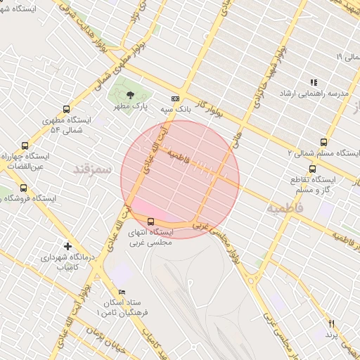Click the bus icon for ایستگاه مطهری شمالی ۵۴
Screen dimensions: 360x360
click(66, 109)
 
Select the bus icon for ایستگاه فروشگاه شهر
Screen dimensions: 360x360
click(23, 188)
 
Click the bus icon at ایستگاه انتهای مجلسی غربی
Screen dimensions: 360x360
click(150, 222)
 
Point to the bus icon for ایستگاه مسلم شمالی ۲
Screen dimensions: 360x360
click(323, 142)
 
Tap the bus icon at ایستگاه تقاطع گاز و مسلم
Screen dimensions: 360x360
click(312, 169)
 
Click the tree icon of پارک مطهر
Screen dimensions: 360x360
click(129, 95)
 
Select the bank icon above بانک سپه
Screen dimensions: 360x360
click(175, 99)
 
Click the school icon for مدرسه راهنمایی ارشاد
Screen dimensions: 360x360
click(314, 82)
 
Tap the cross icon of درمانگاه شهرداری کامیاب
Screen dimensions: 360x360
click(67, 246)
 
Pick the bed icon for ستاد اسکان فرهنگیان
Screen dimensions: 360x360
click(122, 292)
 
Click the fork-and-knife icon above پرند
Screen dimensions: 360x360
click(332, 323)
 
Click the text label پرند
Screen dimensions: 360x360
click(332, 336)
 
